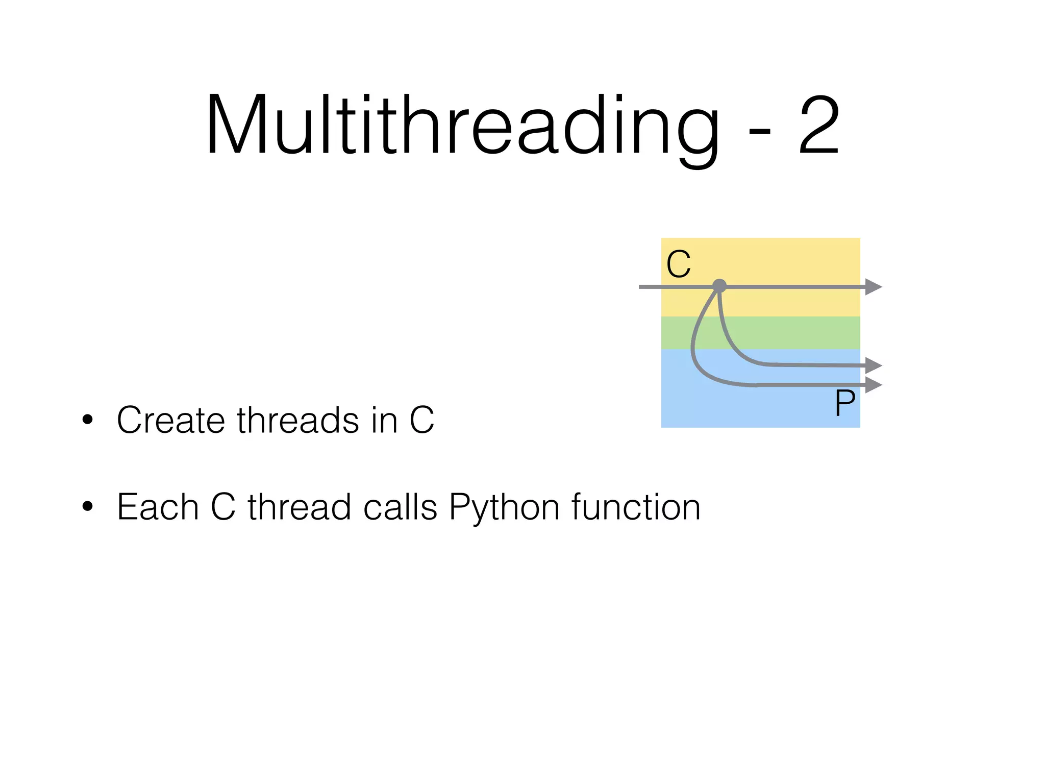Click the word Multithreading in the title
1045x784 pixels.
tap(462, 125)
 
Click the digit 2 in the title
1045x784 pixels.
tap(819, 125)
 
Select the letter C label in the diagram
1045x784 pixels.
tap(679, 264)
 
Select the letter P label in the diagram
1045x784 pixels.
tap(845, 403)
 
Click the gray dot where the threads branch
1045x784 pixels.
tap(719, 286)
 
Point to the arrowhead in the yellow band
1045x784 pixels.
tap(874, 287)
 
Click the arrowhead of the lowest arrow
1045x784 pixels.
tap(874, 385)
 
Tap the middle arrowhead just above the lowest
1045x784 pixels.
tap(874, 365)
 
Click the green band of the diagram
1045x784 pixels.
tap(791, 333)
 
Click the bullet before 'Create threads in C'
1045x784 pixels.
tap(88, 420)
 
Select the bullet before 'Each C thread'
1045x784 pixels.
tap(88, 506)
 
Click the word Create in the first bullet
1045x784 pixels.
tap(170, 420)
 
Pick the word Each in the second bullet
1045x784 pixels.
tap(158, 507)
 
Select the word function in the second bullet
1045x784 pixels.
tap(636, 507)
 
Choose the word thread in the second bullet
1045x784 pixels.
tap(299, 507)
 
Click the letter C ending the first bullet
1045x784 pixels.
tap(421, 420)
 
